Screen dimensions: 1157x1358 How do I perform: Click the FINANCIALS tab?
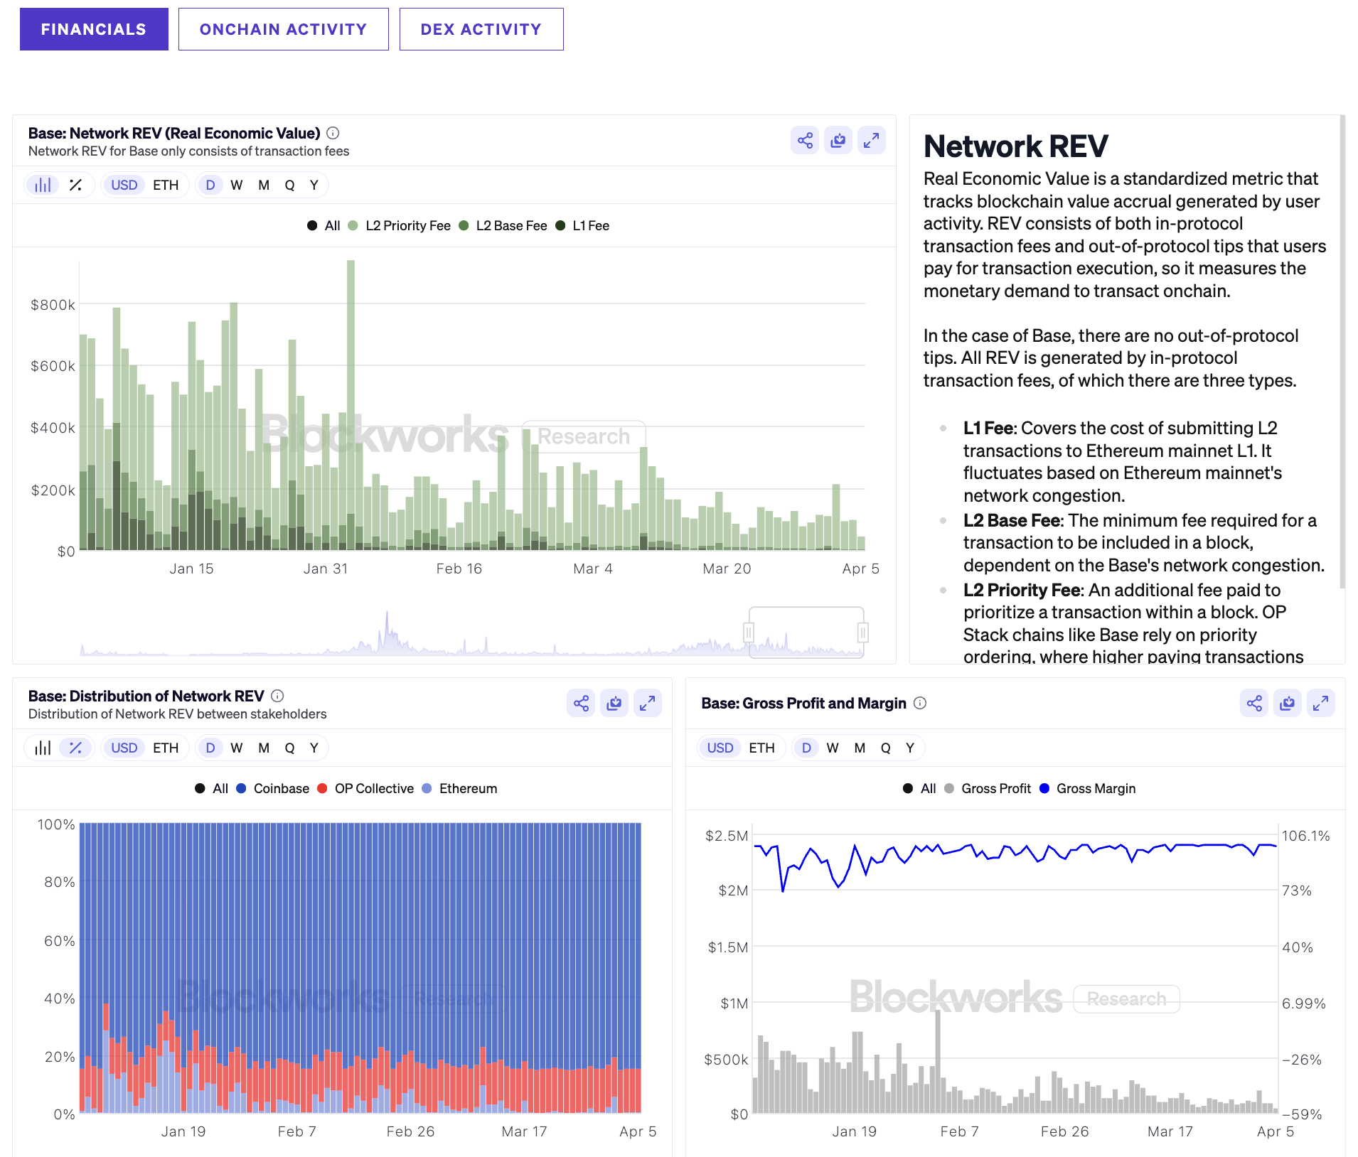(94, 29)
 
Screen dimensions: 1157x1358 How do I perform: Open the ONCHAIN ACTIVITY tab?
(283, 29)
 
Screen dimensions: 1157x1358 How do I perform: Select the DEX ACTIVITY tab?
(481, 29)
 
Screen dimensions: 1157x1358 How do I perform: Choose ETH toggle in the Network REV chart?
(166, 185)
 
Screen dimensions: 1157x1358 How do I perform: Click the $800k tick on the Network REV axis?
(53, 305)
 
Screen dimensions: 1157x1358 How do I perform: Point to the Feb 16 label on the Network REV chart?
(459, 569)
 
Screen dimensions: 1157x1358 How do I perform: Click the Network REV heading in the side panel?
(1015, 146)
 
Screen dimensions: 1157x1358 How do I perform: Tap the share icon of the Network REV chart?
(805, 141)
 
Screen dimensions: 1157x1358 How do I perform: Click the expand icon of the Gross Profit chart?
(1320, 704)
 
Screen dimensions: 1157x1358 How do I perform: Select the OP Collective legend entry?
(374, 789)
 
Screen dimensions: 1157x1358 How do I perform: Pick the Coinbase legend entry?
(281, 789)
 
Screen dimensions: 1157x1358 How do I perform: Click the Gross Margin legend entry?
(1096, 789)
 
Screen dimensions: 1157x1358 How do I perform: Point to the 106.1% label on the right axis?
(1305, 836)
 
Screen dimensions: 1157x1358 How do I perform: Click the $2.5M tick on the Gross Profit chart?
(726, 836)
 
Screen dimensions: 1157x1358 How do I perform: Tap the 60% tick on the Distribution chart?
(60, 941)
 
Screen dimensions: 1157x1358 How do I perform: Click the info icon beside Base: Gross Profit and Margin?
(920, 704)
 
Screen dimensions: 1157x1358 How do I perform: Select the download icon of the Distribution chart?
(614, 704)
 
